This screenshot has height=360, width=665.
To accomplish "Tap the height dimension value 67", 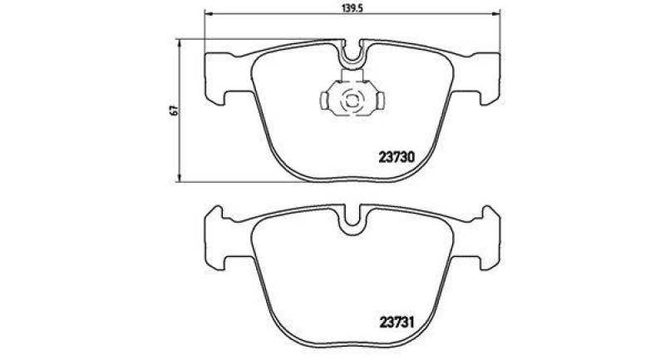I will [173, 109].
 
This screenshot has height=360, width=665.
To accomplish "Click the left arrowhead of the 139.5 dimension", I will [209, 14].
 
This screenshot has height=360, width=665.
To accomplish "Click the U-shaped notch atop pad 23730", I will [353, 55].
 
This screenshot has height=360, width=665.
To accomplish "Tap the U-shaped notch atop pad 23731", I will [353, 218].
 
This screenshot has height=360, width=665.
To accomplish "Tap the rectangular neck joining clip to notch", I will [353, 76].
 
